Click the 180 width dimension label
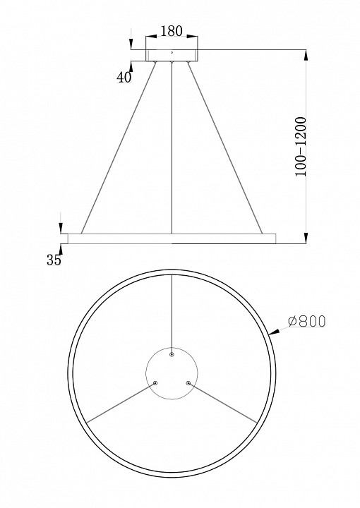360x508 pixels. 172,30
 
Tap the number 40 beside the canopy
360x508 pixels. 124,78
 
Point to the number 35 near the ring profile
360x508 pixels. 54,260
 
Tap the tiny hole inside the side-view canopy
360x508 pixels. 172,52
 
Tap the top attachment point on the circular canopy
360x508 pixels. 172,355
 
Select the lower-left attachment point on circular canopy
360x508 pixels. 156,383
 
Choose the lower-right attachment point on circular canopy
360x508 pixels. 188,383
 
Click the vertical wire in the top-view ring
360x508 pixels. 172,310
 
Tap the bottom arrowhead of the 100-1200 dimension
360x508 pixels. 305,238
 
